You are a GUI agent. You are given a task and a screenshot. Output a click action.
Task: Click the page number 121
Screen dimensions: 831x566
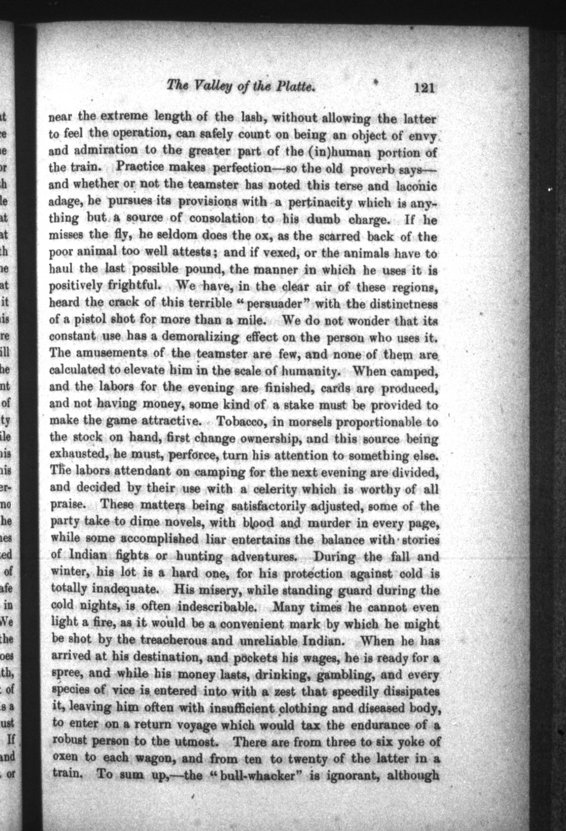[424, 88]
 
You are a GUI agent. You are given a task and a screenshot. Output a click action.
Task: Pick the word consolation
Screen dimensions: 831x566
[222, 218]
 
